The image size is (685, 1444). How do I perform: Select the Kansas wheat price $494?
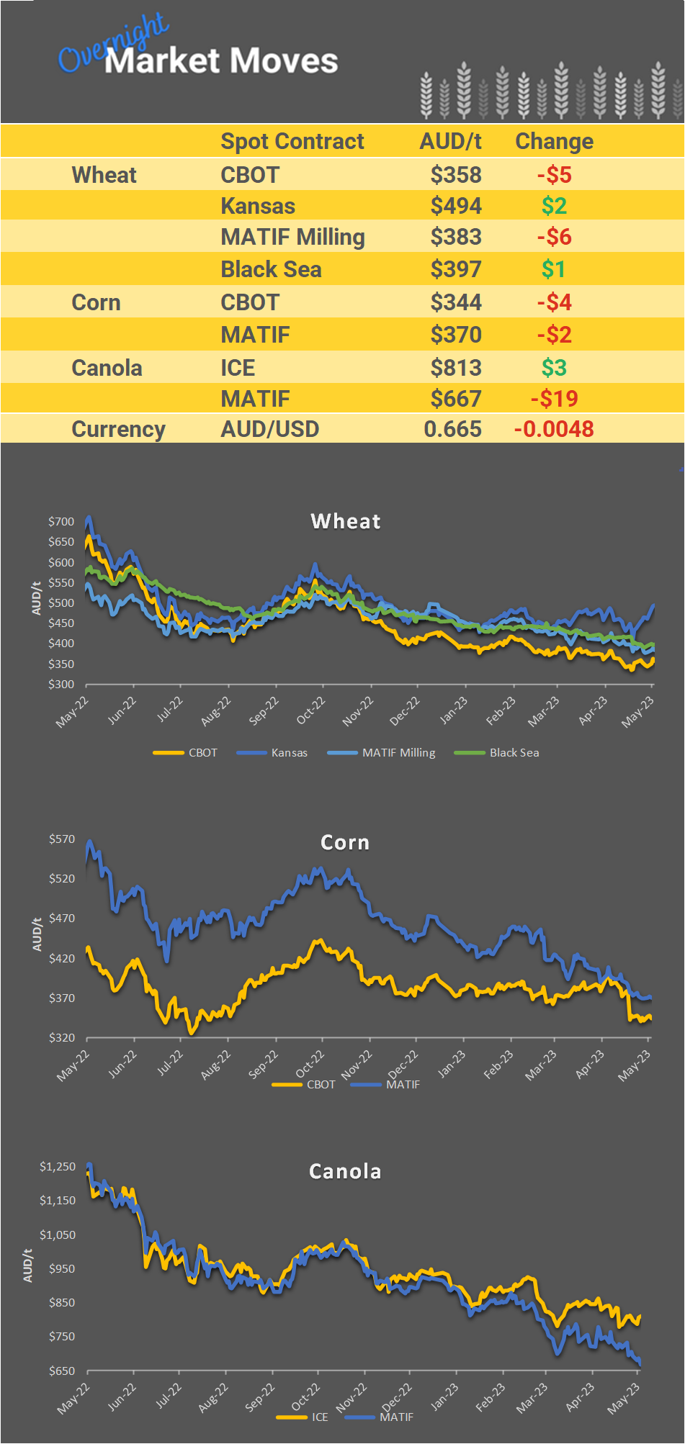(x=455, y=206)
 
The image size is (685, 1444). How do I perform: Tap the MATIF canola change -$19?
(x=554, y=399)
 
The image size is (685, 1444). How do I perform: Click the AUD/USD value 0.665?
(x=452, y=429)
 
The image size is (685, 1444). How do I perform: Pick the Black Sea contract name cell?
(x=271, y=269)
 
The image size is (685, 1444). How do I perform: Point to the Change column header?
(x=554, y=141)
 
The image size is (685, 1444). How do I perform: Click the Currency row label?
(x=118, y=429)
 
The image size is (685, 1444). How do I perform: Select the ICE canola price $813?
(x=455, y=368)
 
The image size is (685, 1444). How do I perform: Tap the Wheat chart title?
(x=346, y=521)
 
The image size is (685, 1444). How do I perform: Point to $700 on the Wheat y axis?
(x=61, y=521)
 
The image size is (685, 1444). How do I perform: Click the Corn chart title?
(x=345, y=842)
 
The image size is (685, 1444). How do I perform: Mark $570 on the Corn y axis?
(x=62, y=839)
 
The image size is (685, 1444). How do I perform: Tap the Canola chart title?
(x=345, y=1171)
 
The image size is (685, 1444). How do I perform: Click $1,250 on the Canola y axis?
(x=58, y=1166)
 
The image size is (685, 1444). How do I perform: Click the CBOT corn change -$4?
(x=554, y=302)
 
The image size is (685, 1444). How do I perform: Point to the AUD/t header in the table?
(x=450, y=141)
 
